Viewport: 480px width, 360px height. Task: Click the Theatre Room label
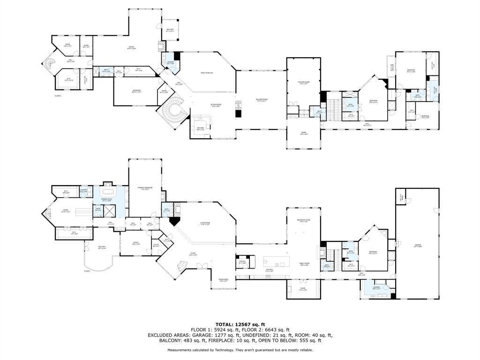(303, 83)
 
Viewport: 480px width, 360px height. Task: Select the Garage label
(417, 246)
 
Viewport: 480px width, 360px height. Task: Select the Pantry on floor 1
(242, 263)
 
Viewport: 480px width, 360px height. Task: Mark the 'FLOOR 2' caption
(58, 96)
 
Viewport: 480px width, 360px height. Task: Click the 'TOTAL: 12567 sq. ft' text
(240, 324)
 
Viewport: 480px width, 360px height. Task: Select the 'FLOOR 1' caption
(87, 271)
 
